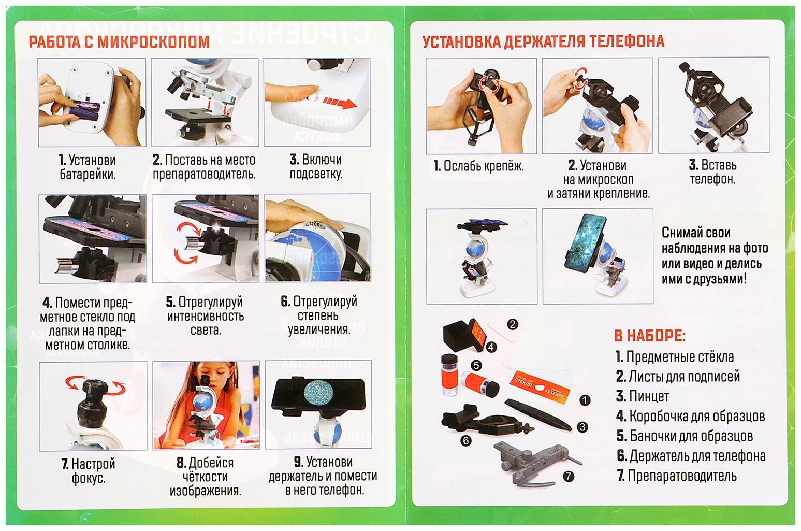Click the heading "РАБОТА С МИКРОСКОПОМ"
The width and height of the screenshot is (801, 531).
click(119, 42)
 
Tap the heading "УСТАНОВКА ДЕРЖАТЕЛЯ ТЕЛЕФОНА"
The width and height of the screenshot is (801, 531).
click(543, 41)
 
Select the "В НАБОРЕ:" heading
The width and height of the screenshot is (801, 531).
click(650, 336)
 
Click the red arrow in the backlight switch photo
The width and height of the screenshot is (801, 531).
click(340, 103)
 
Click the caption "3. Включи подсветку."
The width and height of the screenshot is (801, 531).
click(316, 167)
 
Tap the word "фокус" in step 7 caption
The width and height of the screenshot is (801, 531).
click(89, 478)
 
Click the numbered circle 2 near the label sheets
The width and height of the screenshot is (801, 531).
click(513, 324)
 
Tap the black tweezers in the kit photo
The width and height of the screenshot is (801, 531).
click(538, 414)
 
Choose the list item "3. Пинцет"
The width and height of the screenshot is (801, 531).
click(642, 396)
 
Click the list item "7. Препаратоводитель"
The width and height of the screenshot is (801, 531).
click(677, 476)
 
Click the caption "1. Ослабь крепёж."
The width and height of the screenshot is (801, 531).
click(478, 166)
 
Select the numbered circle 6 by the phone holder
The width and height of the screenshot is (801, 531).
click(465, 441)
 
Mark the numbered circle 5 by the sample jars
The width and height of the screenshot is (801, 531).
click(476, 365)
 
